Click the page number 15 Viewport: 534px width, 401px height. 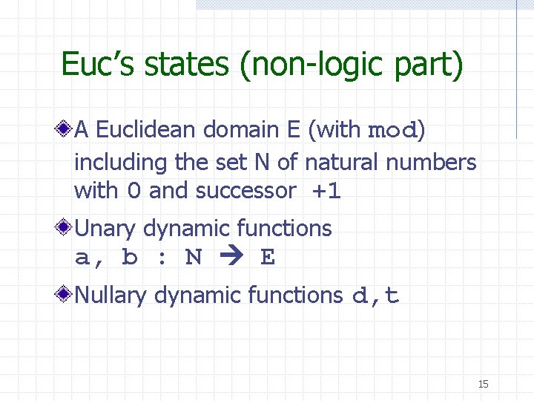click(x=483, y=384)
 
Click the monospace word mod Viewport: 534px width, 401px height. click(x=394, y=131)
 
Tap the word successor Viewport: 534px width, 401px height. click(x=245, y=191)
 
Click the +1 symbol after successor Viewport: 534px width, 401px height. click(x=326, y=191)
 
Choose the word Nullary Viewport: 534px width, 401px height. click(x=112, y=296)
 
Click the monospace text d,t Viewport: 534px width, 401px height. click(x=375, y=296)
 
